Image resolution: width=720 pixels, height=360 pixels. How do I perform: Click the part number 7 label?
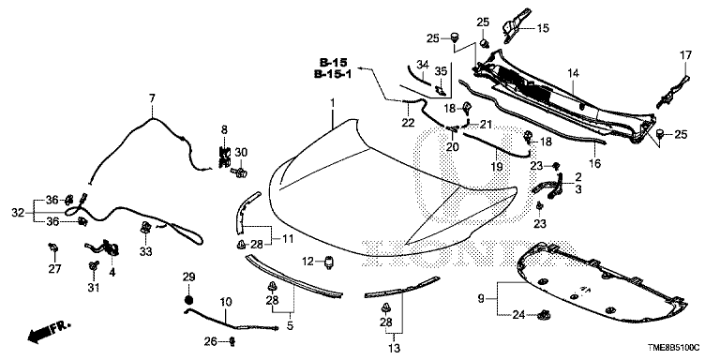[152, 97]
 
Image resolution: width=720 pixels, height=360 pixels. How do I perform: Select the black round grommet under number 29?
[188, 300]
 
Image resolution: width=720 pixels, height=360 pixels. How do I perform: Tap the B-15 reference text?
[334, 63]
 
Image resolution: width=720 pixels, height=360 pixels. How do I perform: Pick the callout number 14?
[574, 72]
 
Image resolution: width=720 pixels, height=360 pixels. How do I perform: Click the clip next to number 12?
[329, 262]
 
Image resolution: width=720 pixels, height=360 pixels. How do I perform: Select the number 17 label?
[685, 55]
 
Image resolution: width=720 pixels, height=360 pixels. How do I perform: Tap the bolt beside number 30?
[240, 172]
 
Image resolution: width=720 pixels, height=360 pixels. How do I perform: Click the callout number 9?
[481, 299]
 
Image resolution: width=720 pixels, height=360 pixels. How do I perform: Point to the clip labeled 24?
[545, 315]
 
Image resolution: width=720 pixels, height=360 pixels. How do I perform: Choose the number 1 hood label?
[333, 101]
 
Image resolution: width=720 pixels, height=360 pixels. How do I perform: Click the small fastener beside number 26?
[232, 341]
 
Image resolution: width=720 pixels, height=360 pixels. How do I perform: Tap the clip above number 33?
[145, 226]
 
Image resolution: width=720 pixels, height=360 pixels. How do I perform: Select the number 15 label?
[543, 28]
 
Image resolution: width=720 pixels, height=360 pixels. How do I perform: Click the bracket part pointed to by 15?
[515, 25]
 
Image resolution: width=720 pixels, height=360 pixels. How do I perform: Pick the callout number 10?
[225, 302]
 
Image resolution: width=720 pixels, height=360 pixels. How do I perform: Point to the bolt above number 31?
[95, 265]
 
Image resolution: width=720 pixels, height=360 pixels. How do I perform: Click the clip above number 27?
[53, 248]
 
